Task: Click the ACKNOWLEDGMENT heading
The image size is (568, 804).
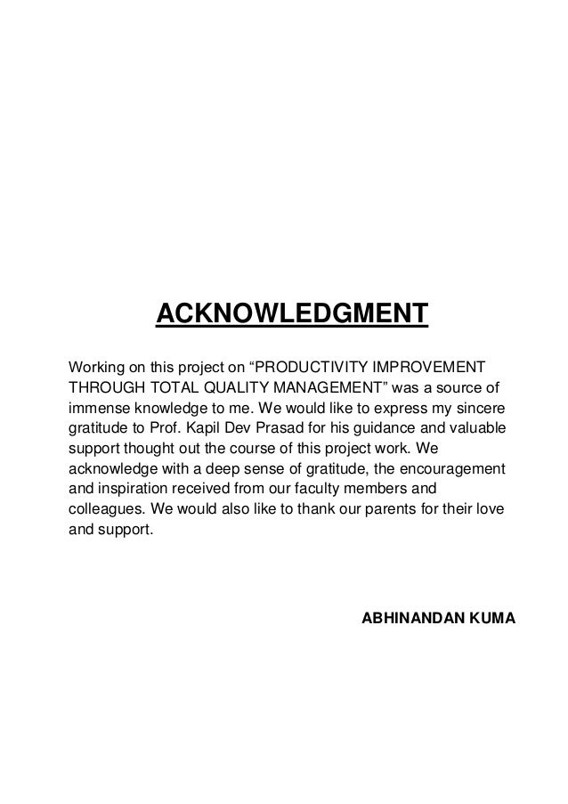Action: [292, 315]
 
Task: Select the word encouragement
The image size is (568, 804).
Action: [453, 467]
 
